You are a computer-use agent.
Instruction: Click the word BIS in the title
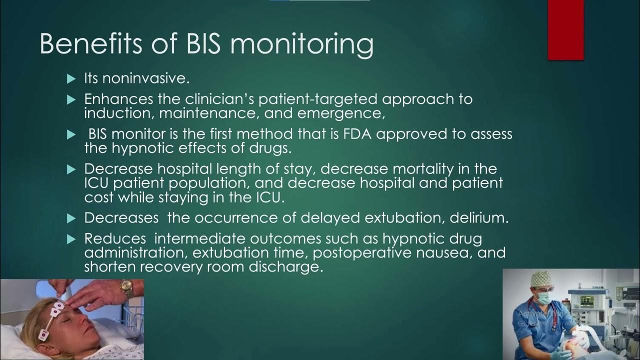coord(201,44)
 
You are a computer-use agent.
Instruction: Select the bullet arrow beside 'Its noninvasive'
coord(70,78)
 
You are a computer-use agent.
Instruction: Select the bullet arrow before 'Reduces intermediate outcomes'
coord(70,239)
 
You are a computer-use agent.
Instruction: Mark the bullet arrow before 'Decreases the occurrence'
coord(70,218)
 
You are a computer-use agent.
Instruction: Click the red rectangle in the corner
coord(565,29)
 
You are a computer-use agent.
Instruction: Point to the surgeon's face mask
coord(543,296)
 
